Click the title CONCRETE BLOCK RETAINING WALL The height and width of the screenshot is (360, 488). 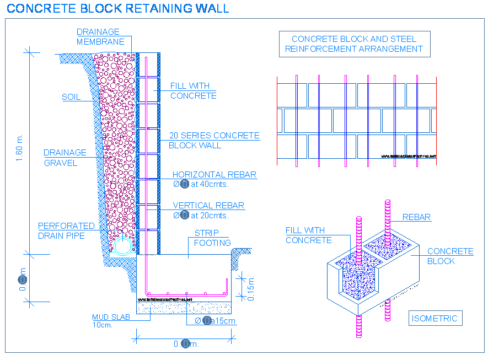[118, 8]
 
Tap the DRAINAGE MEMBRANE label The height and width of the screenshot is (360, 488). [98, 37]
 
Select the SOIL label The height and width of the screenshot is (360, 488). [71, 97]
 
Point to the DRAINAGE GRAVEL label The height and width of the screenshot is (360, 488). [65, 158]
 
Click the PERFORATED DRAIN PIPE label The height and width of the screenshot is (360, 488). [66, 231]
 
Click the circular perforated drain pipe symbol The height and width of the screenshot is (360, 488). [123, 246]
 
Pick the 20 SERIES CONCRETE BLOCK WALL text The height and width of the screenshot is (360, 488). [213, 141]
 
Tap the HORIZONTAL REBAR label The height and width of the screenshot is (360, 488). [214, 175]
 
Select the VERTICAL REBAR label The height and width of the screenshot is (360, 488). [208, 206]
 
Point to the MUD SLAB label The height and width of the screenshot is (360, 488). [111, 317]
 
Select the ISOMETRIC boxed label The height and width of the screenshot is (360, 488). [435, 318]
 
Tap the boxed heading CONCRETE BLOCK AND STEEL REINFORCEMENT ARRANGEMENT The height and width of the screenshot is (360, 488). [353, 44]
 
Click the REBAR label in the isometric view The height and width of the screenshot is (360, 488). [416, 217]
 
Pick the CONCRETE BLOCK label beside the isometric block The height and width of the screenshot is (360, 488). [450, 256]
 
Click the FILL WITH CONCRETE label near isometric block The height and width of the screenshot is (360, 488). [308, 235]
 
